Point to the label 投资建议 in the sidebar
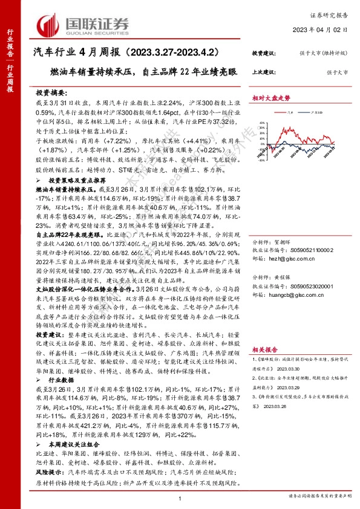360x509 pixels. pos(264,53)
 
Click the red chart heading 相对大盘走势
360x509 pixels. pos(271,98)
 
